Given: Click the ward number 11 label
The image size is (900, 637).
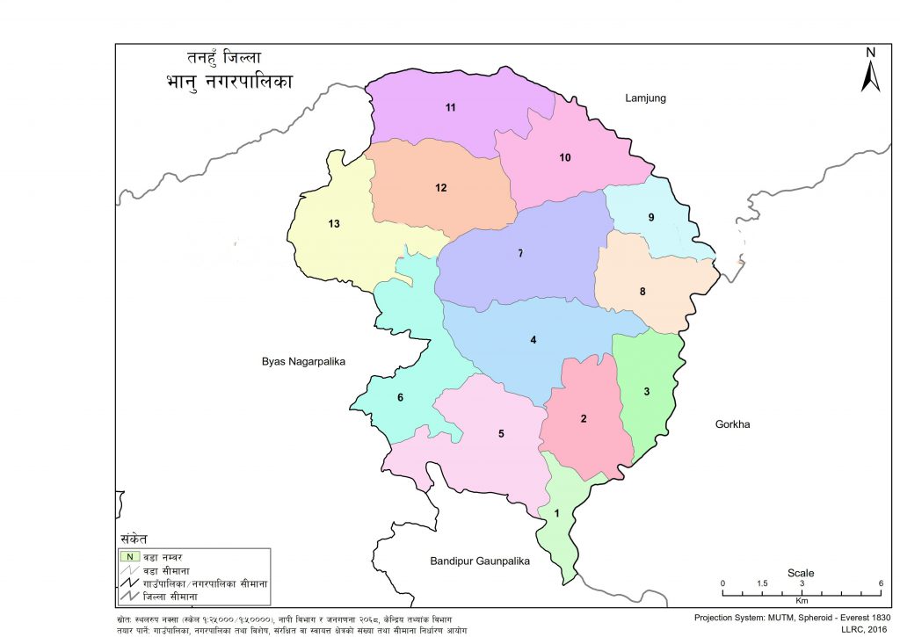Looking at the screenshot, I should [450, 108].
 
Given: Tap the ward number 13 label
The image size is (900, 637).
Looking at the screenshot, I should [333, 224].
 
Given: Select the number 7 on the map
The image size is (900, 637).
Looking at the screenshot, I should [520, 254].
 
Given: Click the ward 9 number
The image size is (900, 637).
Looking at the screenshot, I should [650, 217].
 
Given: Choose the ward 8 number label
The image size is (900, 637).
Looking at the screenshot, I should [642, 292].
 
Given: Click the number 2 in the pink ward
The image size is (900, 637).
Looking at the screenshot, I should [583, 419].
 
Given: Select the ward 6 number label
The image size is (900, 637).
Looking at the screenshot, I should [400, 398].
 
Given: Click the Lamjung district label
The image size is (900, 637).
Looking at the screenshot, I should [645, 98].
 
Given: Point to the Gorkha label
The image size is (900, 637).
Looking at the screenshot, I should [726, 424].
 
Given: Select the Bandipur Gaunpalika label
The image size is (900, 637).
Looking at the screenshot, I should [480, 561].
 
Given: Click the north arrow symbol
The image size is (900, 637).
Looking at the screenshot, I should [870, 72].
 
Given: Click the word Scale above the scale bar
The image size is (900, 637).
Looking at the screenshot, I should [800, 573].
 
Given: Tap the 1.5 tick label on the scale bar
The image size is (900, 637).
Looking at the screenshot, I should [762, 584].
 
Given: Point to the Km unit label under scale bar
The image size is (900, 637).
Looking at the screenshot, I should [802, 601].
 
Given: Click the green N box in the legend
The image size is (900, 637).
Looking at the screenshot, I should [129, 555].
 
